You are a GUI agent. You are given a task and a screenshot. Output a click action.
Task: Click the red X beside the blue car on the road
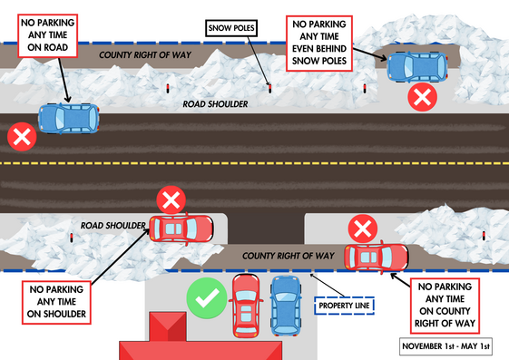tap(20, 138)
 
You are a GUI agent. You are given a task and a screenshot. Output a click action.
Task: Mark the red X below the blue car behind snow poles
tap(420, 98)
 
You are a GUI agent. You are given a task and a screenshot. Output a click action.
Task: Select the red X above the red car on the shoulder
tap(170, 199)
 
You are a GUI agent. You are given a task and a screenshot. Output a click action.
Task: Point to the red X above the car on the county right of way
tap(363, 228)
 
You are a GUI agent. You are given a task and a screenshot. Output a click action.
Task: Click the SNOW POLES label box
tap(233, 29)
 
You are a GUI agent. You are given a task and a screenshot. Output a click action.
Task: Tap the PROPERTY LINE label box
tap(344, 306)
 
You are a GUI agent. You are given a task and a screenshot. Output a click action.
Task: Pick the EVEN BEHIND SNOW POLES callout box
tap(318, 42)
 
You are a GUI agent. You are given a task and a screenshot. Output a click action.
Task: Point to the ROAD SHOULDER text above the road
tap(214, 104)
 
